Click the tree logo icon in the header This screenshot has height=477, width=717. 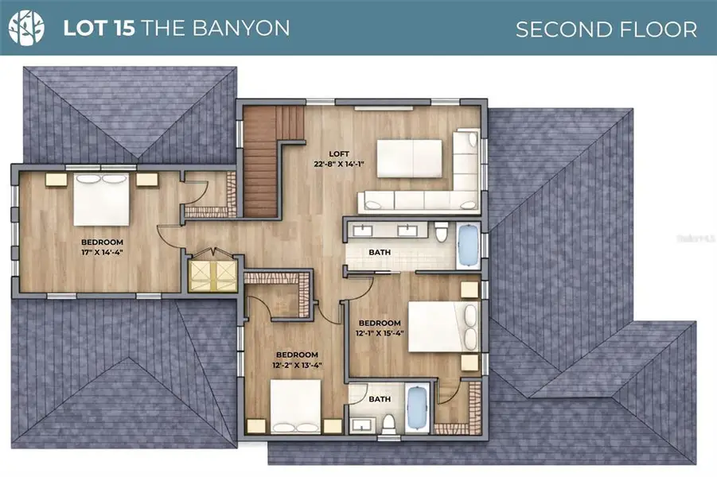coord(26,28)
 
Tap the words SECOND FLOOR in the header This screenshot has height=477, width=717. coord(606,29)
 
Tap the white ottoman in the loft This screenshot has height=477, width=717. coord(408,158)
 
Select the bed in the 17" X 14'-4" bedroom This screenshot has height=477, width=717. coord(101,199)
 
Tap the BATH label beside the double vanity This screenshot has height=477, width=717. coord(379,253)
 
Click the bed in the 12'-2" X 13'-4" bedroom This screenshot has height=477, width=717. coord(294,405)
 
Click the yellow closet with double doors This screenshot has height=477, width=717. coord(212,274)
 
